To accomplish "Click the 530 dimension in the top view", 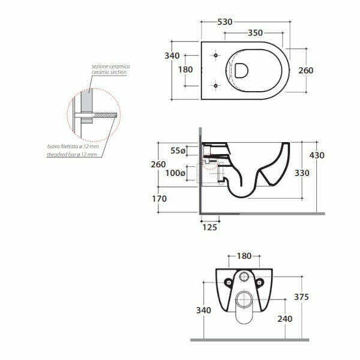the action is pos(225,22).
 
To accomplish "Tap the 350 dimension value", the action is pos(255,33).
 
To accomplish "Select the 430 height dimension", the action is pos(317,155).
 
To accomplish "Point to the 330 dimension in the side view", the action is pos(302,173).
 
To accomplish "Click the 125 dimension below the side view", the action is pos(209,227).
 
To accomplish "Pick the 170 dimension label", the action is pos(160,199).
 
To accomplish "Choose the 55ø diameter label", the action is pos(178,151).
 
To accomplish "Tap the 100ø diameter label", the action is pos(175,173).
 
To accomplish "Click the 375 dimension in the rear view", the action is pos(301,297).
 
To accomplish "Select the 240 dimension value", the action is pos(284,319).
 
